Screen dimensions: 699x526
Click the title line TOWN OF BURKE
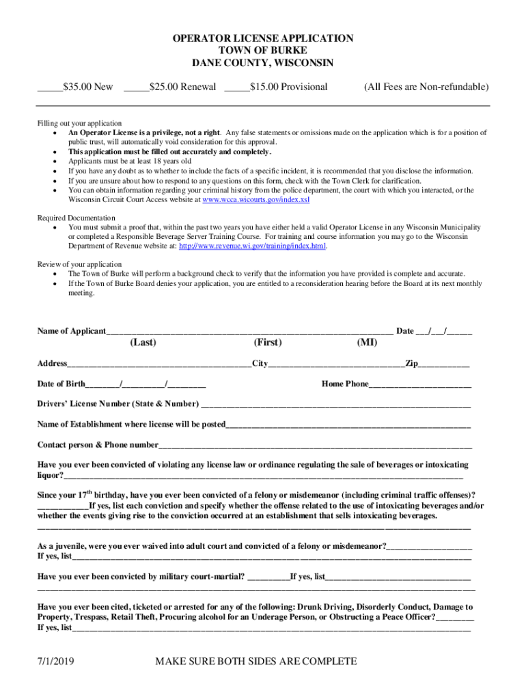262,51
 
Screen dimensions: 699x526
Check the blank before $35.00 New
49,88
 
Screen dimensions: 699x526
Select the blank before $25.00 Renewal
136,88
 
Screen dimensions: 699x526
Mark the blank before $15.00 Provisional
236,88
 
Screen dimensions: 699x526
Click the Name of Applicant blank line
249,332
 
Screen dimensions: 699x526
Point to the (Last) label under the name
143,343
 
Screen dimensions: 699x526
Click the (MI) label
367,343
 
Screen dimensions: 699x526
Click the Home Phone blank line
419,385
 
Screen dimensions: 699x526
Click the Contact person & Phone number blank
315,446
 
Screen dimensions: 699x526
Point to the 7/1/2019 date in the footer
56,661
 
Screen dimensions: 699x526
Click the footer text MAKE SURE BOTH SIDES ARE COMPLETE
256,661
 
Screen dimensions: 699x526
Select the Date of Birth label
61,384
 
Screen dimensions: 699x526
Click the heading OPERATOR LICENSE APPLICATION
262,39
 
